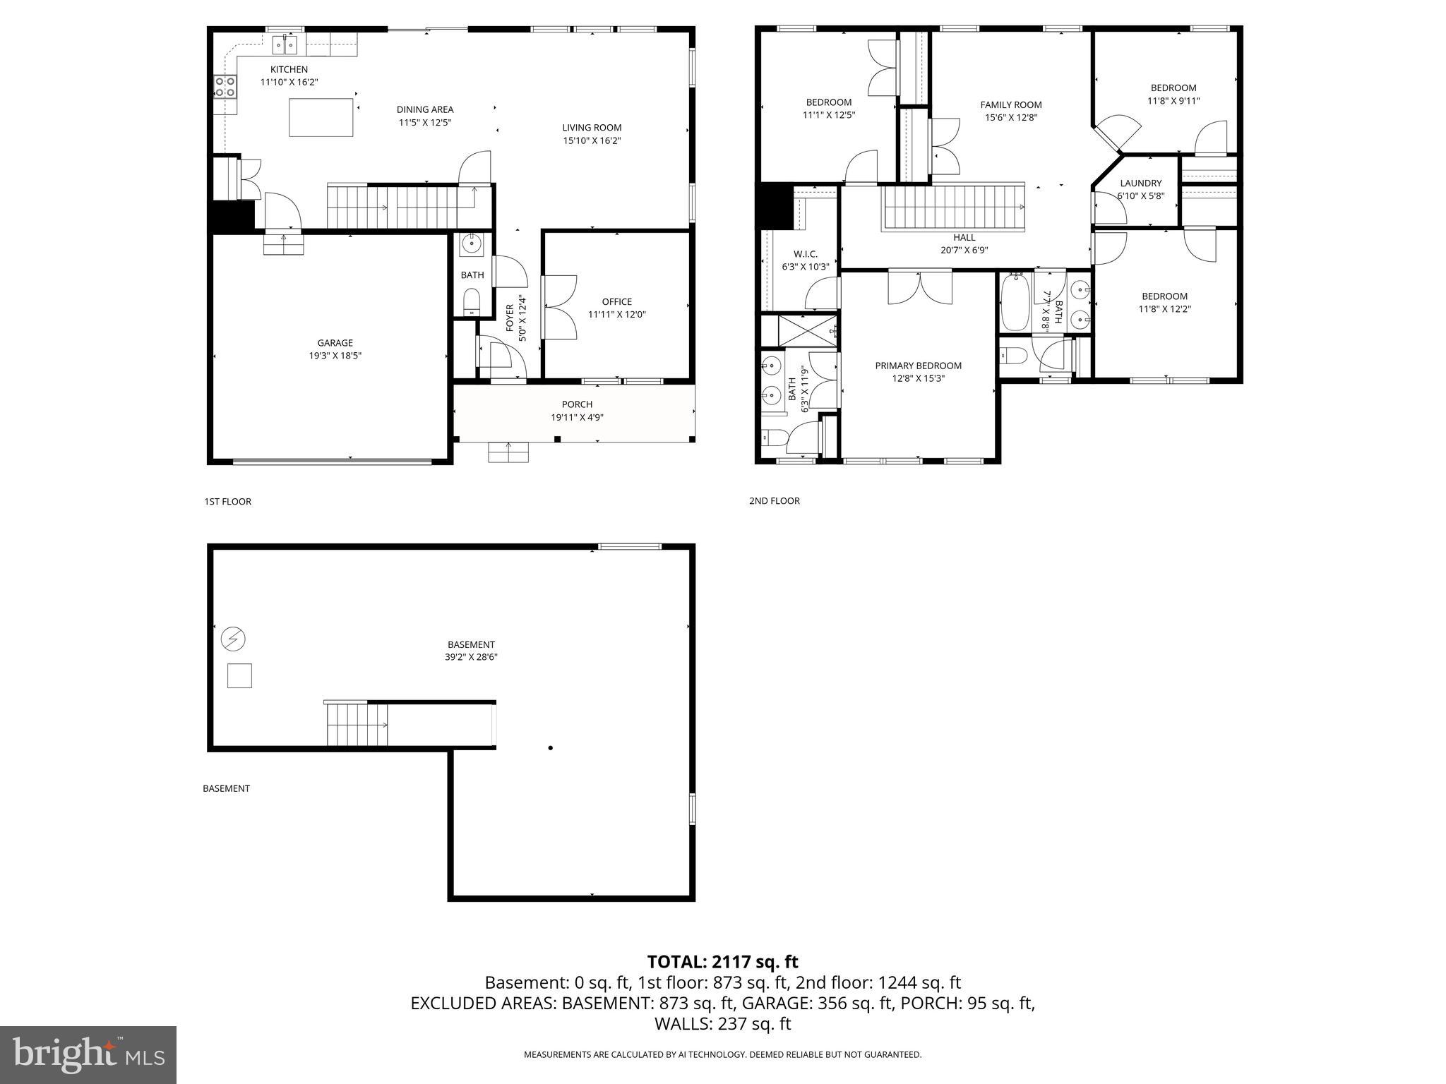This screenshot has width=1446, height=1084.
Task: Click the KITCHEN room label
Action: (x=289, y=69)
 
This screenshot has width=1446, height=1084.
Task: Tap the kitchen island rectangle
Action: (x=321, y=117)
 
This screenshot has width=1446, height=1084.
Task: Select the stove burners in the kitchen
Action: (x=225, y=87)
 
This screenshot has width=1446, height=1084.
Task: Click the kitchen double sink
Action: (x=285, y=45)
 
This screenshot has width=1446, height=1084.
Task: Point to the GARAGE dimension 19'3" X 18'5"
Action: (x=335, y=356)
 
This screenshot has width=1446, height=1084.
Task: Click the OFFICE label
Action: (x=616, y=301)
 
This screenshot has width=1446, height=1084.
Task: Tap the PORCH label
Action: (x=577, y=404)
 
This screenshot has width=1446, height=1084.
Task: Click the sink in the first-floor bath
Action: (x=471, y=246)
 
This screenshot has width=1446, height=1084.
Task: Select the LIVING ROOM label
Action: (x=592, y=128)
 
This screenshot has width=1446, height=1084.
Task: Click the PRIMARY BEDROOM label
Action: (x=918, y=366)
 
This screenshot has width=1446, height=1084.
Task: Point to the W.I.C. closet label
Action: (x=805, y=254)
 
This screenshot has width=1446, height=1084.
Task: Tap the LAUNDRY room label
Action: (x=1140, y=183)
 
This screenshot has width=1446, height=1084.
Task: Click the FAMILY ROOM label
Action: (x=1010, y=105)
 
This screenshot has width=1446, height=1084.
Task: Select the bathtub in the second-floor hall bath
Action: (x=1015, y=303)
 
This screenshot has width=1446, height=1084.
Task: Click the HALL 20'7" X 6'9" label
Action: (x=964, y=243)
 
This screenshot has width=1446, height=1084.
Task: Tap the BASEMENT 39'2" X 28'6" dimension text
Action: (x=471, y=657)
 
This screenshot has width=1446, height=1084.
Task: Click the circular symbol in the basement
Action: (x=233, y=639)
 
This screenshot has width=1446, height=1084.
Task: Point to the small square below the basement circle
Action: (x=239, y=676)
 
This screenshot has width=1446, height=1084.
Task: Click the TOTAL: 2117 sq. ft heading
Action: (x=722, y=962)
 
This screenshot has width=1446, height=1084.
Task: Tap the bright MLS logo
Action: (x=88, y=1055)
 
